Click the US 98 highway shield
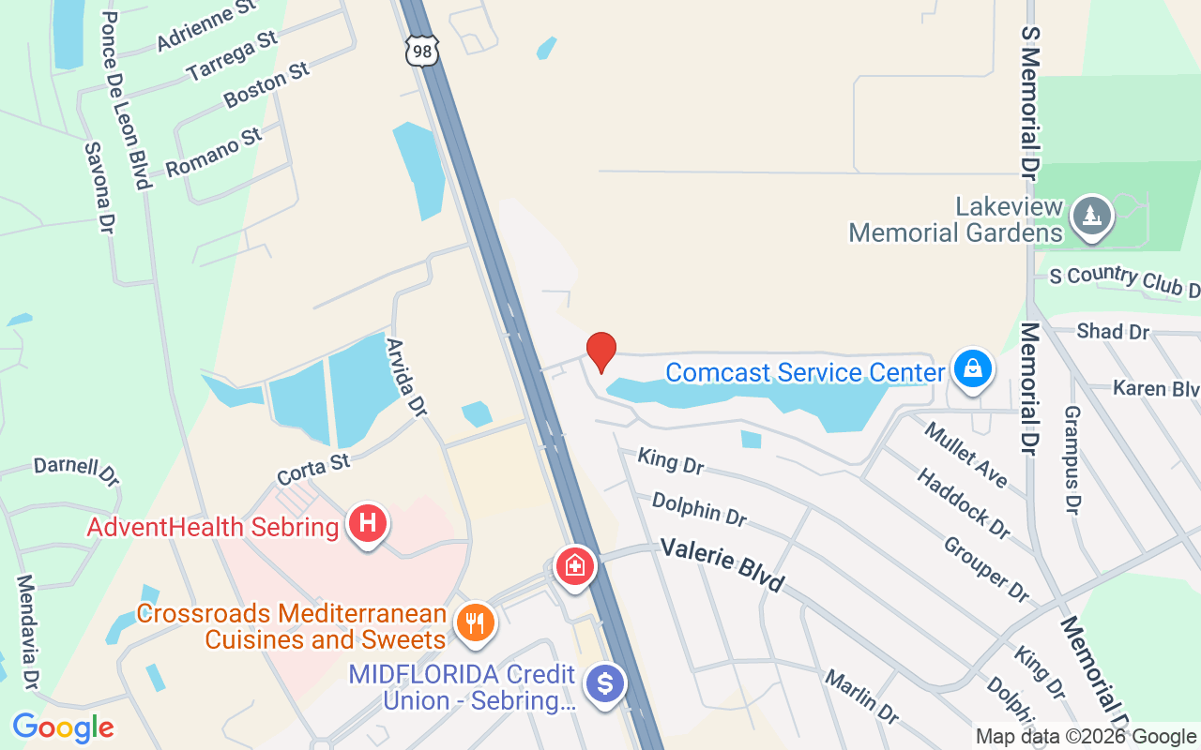click(x=422, y=51)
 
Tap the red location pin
click(x=600, y=352)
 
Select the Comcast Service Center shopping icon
click(x=974, y=368)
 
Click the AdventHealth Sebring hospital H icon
click(x=368, y=523)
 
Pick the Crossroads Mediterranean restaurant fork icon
click(x=476, y=622)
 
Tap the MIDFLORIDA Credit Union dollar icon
click(x=606, y=683)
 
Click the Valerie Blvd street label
click(x=722, y=563)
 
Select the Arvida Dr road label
click(x=406, y=378)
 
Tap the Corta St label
click(x=313, y=469)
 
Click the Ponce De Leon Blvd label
click(x=125, y=100)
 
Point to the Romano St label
click(x=214, y=153)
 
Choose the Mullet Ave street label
click(x=965, y=456)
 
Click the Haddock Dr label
click(x=964, y=504)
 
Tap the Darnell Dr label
click(x=76, y=470)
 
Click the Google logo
click(x=63, y=727)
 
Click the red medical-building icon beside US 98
click(x=574, y=566)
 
